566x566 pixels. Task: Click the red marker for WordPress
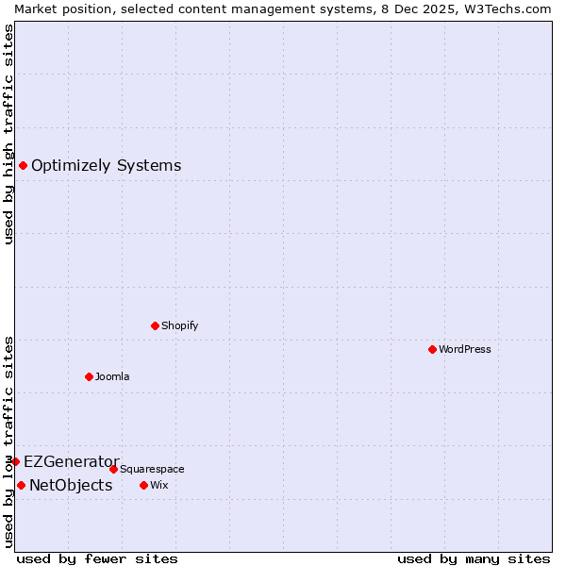[x=432, y=349]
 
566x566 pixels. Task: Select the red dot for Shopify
[x=155, y=325]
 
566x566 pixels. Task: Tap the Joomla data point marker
[x=89, y=376]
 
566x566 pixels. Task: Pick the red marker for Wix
[x=143, y=485]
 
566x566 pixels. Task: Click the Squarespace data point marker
[x=113, y=469]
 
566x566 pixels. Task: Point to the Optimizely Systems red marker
[x=23, y=166]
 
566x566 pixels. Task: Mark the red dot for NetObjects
[x=21, y=486]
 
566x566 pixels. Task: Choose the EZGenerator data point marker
[x=15, y=461]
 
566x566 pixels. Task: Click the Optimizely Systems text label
[x=106, y=166]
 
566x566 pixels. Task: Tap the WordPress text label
[x=465, y=349]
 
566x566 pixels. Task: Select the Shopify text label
[x=179, y=325]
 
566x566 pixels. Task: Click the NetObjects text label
[x=71, y=486]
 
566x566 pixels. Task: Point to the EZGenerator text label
[x=71, y=461]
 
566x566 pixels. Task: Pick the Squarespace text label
[x=152, y=469]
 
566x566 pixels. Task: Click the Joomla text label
[x=112, y=376]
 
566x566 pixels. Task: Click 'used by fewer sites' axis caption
[x=97, y=558]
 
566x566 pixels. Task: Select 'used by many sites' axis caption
[x=474, y=558]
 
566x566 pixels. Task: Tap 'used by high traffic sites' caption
[x=8, y=134]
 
